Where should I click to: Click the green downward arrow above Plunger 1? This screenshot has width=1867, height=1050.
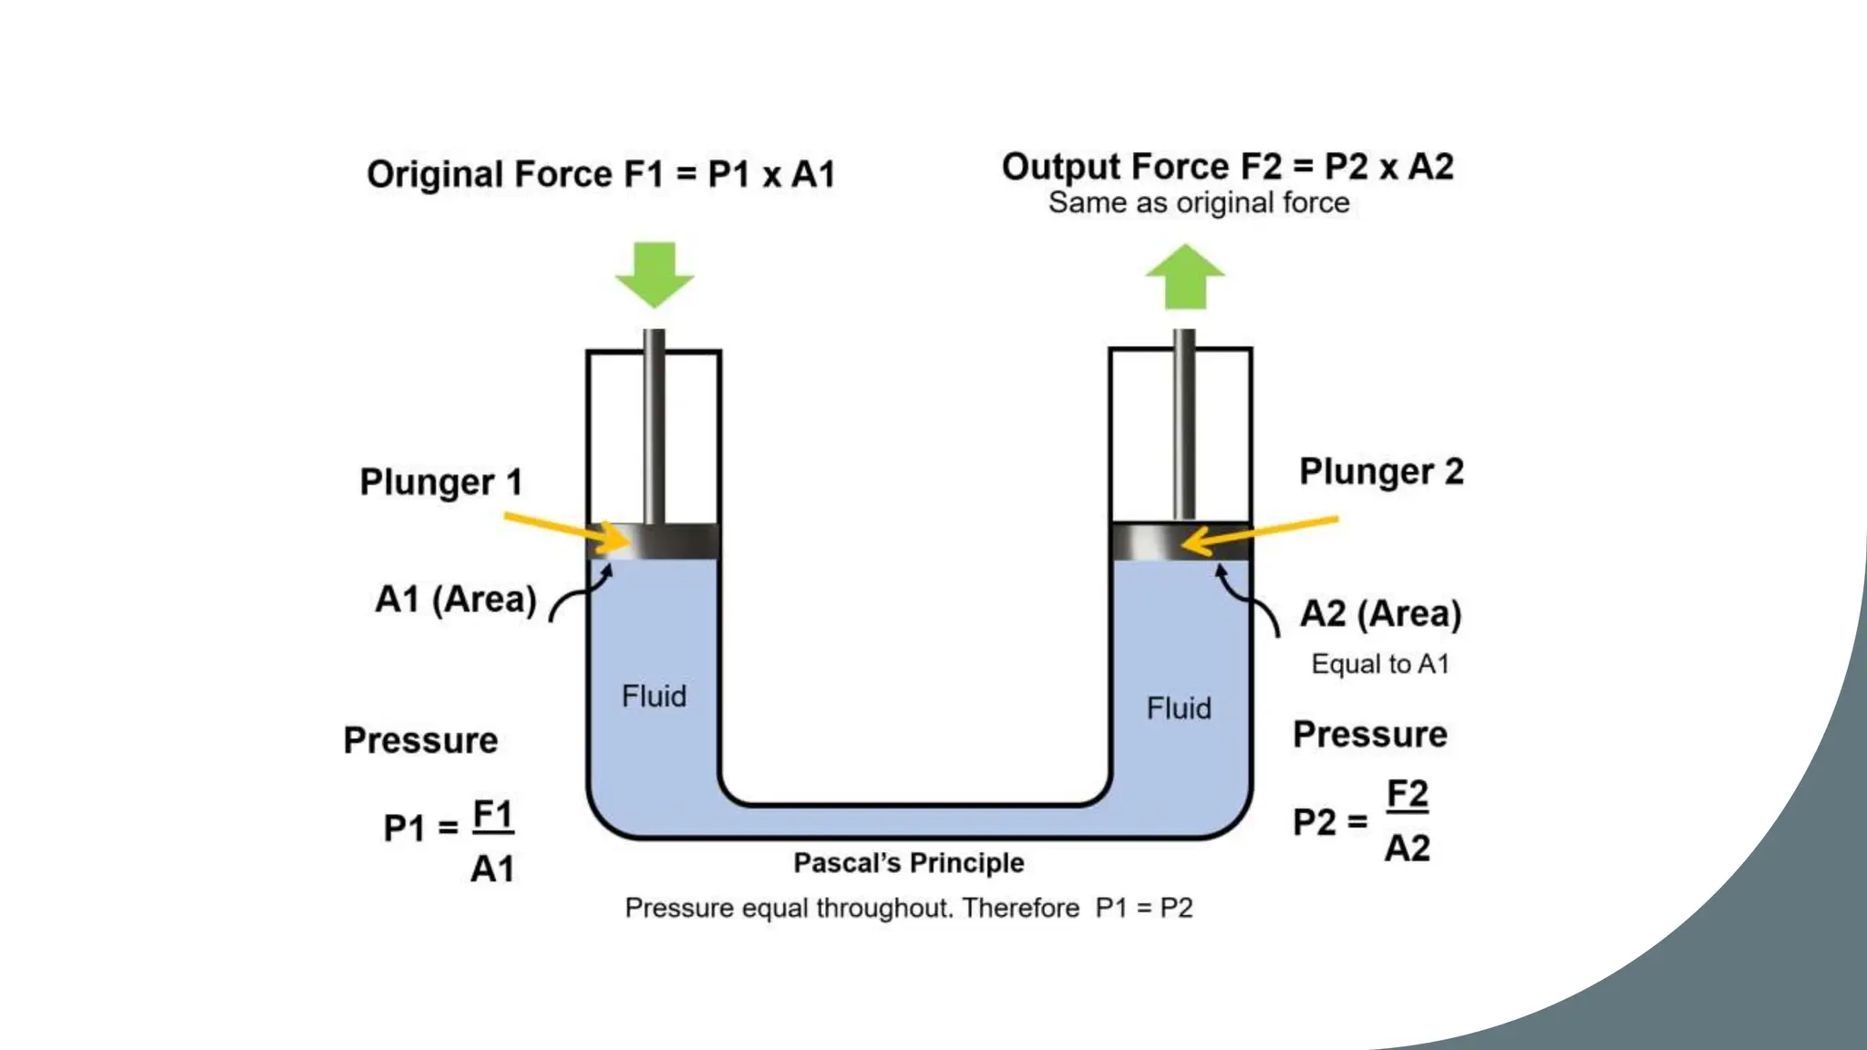pyautogui.click(x=655, y=273)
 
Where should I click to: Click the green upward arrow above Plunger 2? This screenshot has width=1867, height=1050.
pyautogui.click(x=1184, y=277)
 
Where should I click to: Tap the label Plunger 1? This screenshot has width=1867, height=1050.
pyautogui.click(x=441, y=482)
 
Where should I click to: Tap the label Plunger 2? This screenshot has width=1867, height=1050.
pyautogui.click(x=1380, y=472)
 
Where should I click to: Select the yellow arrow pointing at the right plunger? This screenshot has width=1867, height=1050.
pyautogui.click(x=1262, y=534)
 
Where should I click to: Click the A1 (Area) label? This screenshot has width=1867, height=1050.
pyautogui.click(x=455, y=600)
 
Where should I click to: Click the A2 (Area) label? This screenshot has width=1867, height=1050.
pyautogui.click(x=1379, y=614)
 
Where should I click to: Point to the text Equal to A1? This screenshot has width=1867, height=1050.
pyautogui.click(x=1379, y=664)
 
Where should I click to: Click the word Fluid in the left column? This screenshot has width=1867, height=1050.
pyautogui.click(x=654, y=696)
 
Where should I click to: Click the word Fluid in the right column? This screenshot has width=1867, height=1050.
pyautogui.click(x=1179, y=708)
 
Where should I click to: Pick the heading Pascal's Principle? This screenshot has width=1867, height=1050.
pyautogui.click(x=908, y=863)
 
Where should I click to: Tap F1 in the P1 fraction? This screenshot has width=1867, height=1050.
pyautogui.click(x=493, y=814)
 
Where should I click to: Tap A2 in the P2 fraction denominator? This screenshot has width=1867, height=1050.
pyautogui.click(x=1407, y=849)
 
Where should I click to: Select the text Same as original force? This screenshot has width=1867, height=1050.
pyautogui.click(x=1198, y=202)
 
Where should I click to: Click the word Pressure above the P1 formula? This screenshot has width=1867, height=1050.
pyautogui.click(x=420, y=740)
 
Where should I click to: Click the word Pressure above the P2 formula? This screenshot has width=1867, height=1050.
pyautogui.click(x=1369, y=735)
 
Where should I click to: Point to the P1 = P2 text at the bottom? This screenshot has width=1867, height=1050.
pyautogui.click(x=1143, y=908)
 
